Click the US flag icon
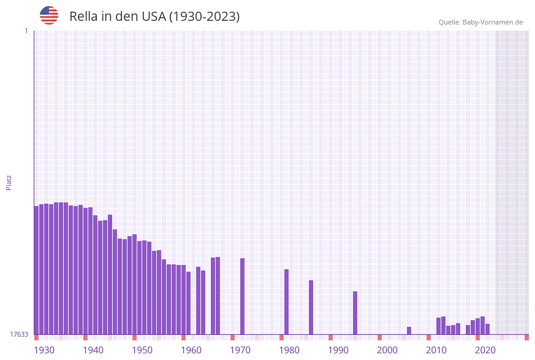tap(49, 15)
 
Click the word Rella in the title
tap(83, 17)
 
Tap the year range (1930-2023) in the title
tap(204, 17)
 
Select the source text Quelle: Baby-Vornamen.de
tap(480, 22)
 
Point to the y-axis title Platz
tap(9, 182)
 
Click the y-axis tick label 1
tap(26, 31)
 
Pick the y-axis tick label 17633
tap(20, 334)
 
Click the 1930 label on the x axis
tap(44, 350)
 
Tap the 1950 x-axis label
tap(142, 350)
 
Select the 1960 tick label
tap(191, 350)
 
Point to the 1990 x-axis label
tap(338, 350)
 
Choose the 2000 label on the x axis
tap(387, 350)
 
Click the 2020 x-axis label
tap(485, 350)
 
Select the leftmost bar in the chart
tap(37, 270)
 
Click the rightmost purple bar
tap(488, 329)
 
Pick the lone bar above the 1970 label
tap(243, 296)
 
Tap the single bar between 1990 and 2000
tap(355, 313)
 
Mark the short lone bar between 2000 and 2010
tap(409, 331)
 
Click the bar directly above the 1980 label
tap(287, 302)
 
